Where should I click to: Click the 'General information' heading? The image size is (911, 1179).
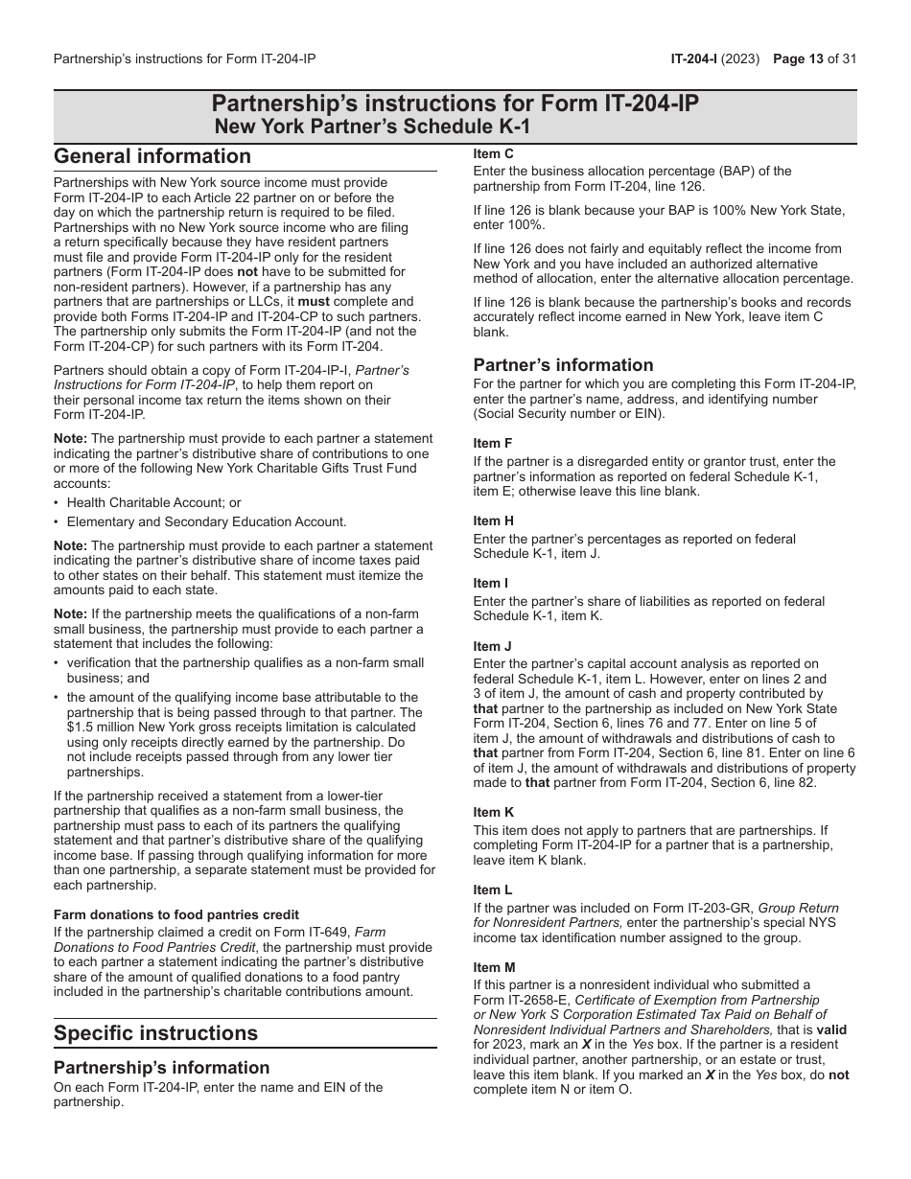point(152,156)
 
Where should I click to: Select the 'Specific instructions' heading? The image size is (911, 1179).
point(155,1032)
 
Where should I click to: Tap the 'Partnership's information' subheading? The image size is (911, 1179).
point(161,1067)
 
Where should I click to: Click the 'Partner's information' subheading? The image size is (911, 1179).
point(563,364)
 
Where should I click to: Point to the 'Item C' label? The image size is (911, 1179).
point(494,153)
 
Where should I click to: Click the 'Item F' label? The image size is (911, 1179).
point(493,443)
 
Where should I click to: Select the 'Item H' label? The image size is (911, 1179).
point(494,520)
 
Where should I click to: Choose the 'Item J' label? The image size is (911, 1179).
point(493,646)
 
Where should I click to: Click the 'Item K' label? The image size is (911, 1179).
point(494,812)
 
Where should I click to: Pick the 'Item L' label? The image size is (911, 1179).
point(493,890)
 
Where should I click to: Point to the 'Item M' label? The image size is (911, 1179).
point(495,967)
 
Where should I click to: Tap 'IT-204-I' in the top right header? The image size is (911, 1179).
point(696,58)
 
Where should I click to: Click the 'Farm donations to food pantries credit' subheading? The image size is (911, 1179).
point(176,914)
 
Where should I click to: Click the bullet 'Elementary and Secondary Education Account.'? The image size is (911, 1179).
point(206,521)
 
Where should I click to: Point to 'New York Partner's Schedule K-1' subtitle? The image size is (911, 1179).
point(371,126)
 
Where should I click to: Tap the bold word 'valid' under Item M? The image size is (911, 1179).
point(831,1029)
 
